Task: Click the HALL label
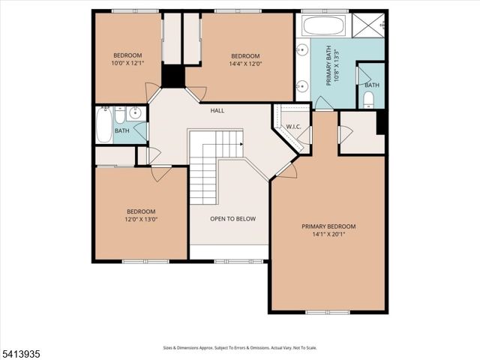point(217,111)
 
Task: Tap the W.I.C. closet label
point(292,127)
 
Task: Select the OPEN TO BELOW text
point(232,219)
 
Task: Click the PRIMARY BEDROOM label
point(328,226)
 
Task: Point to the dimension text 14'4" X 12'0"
point(244,64)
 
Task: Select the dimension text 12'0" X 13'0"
point(140,220)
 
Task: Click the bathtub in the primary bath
point(323,25)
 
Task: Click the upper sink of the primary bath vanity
point(303,51)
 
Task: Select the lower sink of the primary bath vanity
point(303,86)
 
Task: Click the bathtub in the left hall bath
point(103,126)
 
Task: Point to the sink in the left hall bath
point(135,114)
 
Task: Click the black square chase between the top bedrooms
point(173,76)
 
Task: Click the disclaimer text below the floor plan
point(239,347)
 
